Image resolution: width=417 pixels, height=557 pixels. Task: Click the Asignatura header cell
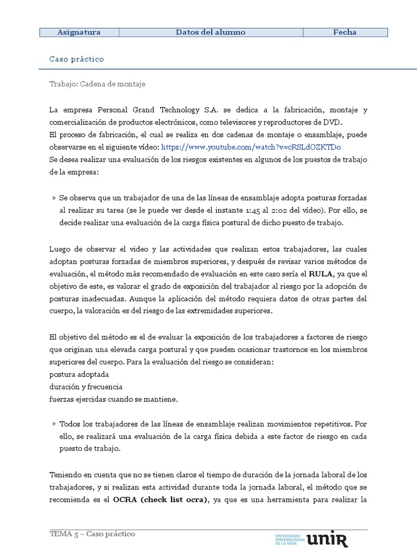(x=79, y=33)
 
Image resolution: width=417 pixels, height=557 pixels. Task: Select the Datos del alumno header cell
(x=211, y=33)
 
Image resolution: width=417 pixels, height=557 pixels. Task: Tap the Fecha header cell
(x=345, y=33)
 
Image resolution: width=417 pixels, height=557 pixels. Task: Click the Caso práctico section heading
(x=76, y=59)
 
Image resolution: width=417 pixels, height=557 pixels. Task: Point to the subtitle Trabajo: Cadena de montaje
(x=97, y=84)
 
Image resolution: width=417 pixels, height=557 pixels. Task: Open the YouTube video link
(x=251, y=147)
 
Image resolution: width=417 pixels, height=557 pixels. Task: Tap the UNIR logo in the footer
(x=327, y=539)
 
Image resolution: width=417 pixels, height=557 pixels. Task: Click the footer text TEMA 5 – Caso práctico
(x=92, y=534)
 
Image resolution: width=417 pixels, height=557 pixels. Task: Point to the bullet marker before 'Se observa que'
(x=54, y=199)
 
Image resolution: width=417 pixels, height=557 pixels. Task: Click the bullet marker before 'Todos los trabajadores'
(x=54, y=424)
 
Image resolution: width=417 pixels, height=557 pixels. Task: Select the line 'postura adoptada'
(x=79, y=375)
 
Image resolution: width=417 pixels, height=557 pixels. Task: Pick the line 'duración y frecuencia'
(x=85, y=387)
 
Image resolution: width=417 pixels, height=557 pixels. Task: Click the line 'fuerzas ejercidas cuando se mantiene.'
(x=113, y=399)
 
